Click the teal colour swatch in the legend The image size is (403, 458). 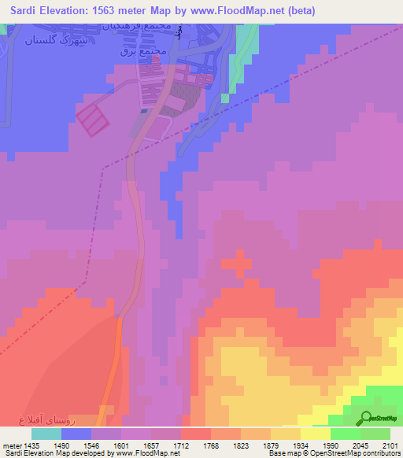[x=46, y=434]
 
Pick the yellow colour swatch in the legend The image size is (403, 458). [x=315, y=434]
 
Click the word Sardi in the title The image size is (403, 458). [x=26, y=12]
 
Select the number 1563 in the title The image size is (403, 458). [x=128, y=12]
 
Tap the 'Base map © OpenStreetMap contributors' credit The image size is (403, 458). [x=333, y=453]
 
